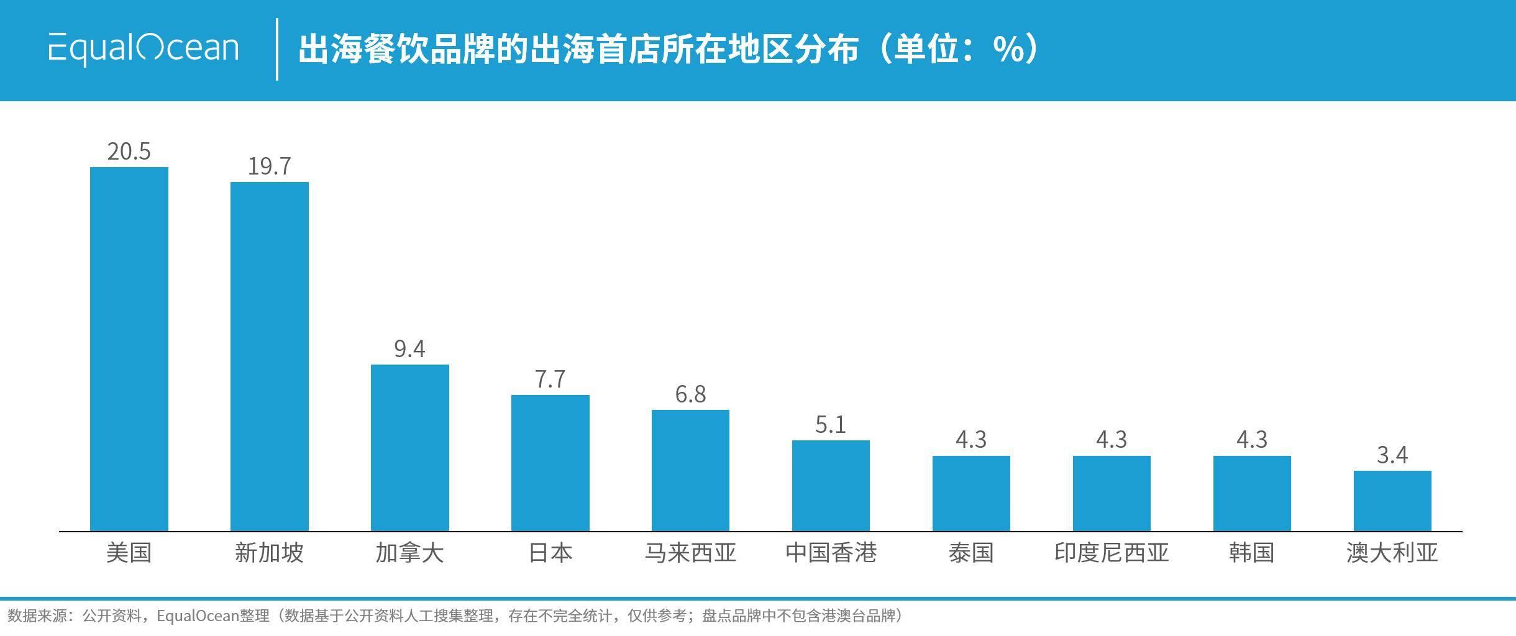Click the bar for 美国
(129, 349)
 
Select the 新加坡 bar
(270, 357)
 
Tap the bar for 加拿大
(410, 448)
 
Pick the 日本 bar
(550, 463)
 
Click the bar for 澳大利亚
(1392, 501)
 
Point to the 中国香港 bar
(831, 486)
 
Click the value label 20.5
(129, 152)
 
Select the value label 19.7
(270, 166)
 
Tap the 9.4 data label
(410, 349)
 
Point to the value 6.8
(691, 394)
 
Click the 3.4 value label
(1392, 455)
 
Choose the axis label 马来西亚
(691, 552)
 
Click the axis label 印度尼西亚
(1112, 552)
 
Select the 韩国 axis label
(1252, 552)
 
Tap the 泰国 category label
(971, 552)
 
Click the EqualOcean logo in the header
(144, 48)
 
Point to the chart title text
(669, 48)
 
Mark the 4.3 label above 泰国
(971, 440)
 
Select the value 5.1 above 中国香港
(831, 425)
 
